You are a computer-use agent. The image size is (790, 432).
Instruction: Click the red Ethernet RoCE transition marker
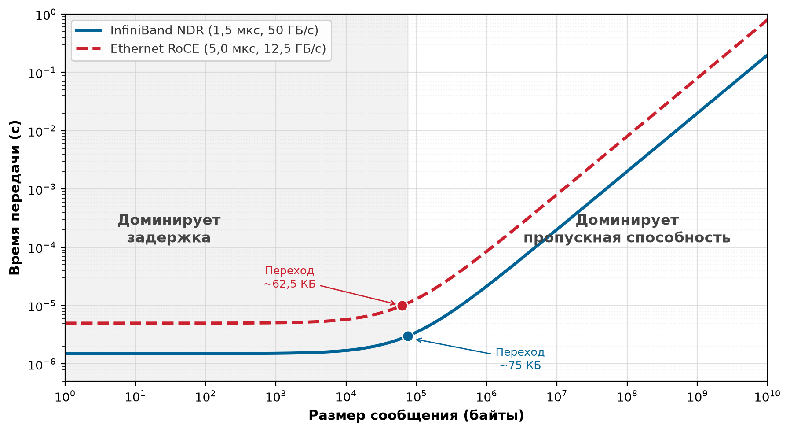pos(402,306)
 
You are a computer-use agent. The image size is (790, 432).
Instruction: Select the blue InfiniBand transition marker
pos(408,336)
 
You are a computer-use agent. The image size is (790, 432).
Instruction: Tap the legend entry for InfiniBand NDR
pos(197,30)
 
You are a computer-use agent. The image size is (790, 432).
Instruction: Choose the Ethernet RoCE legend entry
pos(201,48)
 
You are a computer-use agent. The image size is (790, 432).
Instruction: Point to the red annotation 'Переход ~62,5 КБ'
pos(289,277)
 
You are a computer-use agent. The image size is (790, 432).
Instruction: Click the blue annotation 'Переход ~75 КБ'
pos(520,359)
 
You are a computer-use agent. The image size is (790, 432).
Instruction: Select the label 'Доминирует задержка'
pos(169,229)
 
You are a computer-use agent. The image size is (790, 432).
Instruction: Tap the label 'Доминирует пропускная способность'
pos(627,229)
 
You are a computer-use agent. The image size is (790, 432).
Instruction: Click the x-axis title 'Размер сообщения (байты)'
pos(416,415)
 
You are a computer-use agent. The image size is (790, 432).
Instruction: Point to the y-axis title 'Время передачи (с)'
pos(15,198)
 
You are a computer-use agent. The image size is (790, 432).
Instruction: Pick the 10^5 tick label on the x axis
pos(416,396)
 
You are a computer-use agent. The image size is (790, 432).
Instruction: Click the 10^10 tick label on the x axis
pos(768,396)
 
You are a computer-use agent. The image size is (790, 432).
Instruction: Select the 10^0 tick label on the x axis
pos(65,396)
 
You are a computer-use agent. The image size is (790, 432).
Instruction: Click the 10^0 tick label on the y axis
pos(46,15)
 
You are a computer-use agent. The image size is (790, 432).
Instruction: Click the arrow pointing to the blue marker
pos(454,347)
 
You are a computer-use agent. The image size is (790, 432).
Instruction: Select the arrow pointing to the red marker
pos(358,295)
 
